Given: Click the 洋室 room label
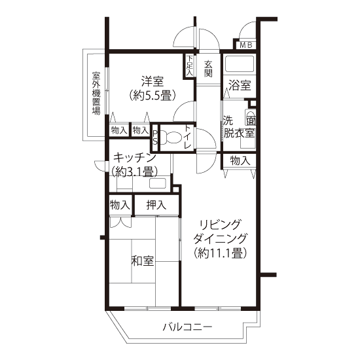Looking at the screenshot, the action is click(x=153, y=82).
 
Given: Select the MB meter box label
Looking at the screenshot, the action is click(x=246, y=45).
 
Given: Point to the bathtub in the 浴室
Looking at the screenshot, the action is click(x=240, y=64).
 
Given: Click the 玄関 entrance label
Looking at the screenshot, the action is click(x=208, y=69).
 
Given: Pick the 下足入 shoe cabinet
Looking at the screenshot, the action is click(x=189, y=66).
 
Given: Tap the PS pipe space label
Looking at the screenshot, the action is click(x=155, y=137).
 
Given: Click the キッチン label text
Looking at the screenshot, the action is click(x=135, y=158).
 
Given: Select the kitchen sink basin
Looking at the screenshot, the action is click(x=158, y=183).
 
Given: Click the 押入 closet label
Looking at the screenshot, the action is click(x=156, y=205).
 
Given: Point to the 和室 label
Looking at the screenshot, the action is click(x=143, y=261).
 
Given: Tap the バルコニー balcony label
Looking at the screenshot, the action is click(x=187, y=327).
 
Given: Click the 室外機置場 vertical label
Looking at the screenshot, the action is click(x=96, y=93).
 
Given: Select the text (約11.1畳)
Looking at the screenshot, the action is click(x=220, y=253).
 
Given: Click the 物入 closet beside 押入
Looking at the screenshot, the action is click(x=120, y=205).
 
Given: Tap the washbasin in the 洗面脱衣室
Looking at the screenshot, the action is click(x=250, y=118).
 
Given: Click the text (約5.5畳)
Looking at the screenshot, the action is click(x=153, y=96).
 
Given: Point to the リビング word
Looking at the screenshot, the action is click(x=221, y=225).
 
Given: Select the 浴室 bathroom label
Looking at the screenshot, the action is click(x=240, y=86).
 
